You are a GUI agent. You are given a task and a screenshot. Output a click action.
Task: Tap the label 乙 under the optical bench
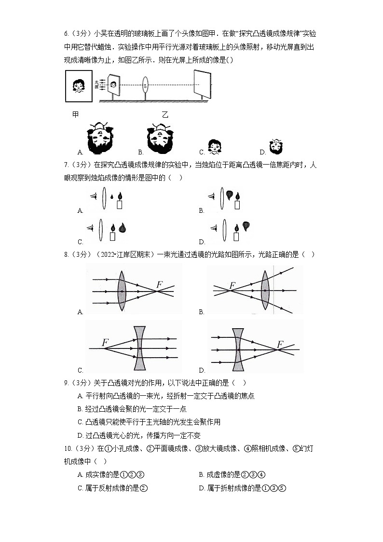click(165, 114)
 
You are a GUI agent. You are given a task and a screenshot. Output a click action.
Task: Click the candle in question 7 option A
click(120, 202)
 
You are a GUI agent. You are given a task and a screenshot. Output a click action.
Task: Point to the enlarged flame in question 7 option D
click(246, 225)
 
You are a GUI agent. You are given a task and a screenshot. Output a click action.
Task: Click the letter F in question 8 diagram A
click(159, 284)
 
